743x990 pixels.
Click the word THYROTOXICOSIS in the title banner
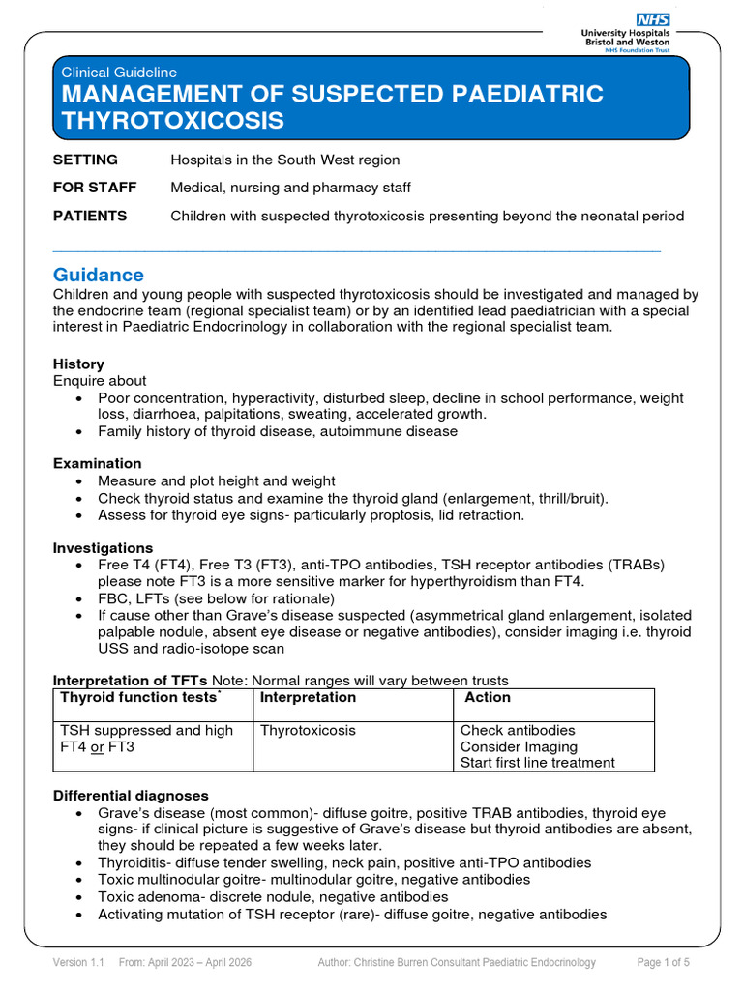(173, 121)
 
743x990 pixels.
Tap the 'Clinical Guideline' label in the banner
(119, 72)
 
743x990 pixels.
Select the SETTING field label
(85, 160)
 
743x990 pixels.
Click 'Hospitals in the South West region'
(285, 160)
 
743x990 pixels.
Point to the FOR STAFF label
(95, 188)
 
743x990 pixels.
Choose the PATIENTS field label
(90, 216)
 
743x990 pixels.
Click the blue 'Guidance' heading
(99, 275)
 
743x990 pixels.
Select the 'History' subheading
(78, 364)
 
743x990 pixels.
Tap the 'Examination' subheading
(97, 463)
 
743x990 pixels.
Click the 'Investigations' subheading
(103, 548)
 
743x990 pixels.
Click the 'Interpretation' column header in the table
(309, 697)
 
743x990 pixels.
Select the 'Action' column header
(488, 697)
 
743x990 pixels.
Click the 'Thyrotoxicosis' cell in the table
(308, 730)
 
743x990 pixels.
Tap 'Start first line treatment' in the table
(537, 762)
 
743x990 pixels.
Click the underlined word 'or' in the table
(98, 747)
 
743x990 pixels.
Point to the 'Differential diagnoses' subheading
(131, 796)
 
